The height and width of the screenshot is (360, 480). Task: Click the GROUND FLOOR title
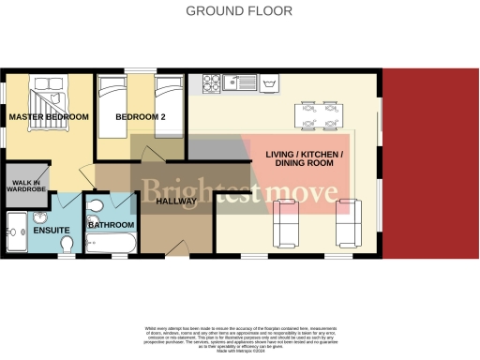click(239, 11)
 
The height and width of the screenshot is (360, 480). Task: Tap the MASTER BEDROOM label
click(48, 117)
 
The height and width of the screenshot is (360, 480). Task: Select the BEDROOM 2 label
click(140, 117)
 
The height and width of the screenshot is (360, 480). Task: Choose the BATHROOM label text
click(111, 226)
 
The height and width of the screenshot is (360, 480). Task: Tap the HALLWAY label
click(175, 201)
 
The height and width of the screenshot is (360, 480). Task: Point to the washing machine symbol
click(272, 83)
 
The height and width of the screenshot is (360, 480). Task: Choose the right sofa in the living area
click(348, 222)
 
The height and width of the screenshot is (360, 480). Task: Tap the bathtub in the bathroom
click(111, 247)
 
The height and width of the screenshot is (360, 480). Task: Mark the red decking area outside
click(430, 163)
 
